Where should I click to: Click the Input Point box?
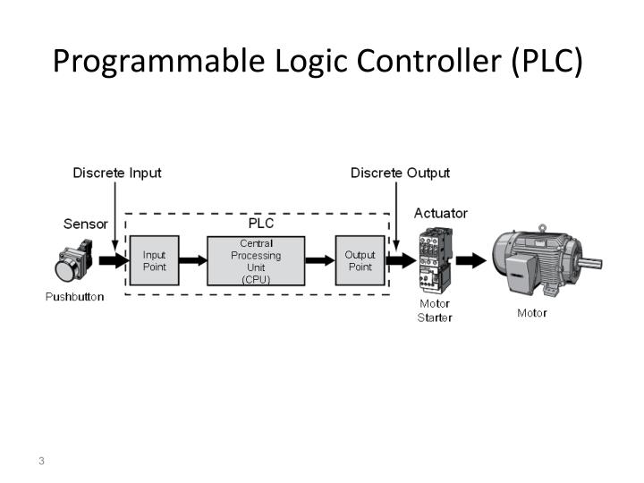click(x=155, y=260)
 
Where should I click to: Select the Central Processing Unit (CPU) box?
click(x=256, y=260)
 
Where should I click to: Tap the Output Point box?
click(x=360, y=260)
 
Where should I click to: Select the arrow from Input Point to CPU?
click(x=193, y=261)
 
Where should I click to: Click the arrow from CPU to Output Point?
click(x=319, y=261)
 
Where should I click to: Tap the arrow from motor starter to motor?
click(x=471, y=261)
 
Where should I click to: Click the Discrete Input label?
click(x=117, y=173)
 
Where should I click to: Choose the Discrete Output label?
click(x=400, y=173)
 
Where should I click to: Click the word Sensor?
click(x=86, y=223)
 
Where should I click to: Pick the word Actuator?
click(x=440, y=214)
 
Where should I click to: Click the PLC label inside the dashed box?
click(x=261, y=223)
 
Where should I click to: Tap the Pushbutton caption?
click(x=74, y=297)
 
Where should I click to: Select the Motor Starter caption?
click(x=435, y=310)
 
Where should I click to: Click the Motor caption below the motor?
click(x=532, y=313)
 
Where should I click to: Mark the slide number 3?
click(x=41, y=461)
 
